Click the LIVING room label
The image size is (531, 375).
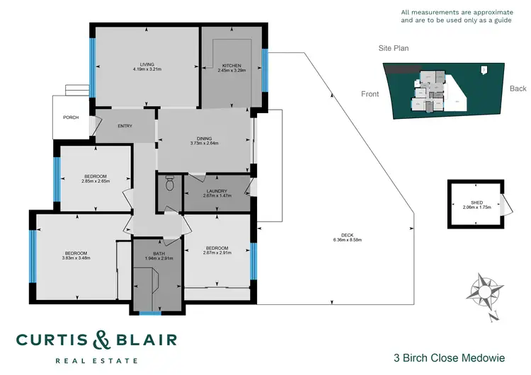(x=147, y=64)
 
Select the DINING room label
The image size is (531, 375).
(x=204, y=139)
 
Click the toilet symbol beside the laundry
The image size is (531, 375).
(x=169, y=185)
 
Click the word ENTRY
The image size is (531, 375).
(x=125, y=127)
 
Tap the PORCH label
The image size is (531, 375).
(x=70, y=117)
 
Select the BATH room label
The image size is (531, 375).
(x=158, y=253)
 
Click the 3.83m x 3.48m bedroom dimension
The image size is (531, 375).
(x=76, y=258)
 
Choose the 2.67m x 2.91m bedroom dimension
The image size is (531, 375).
(x=217, y=253)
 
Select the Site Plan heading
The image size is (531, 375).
(x=393, y=49)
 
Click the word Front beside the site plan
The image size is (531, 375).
(x=370, y=93)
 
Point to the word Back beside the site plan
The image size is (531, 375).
(x=518, y=89)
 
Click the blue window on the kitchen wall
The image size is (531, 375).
(x=264, y=70)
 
